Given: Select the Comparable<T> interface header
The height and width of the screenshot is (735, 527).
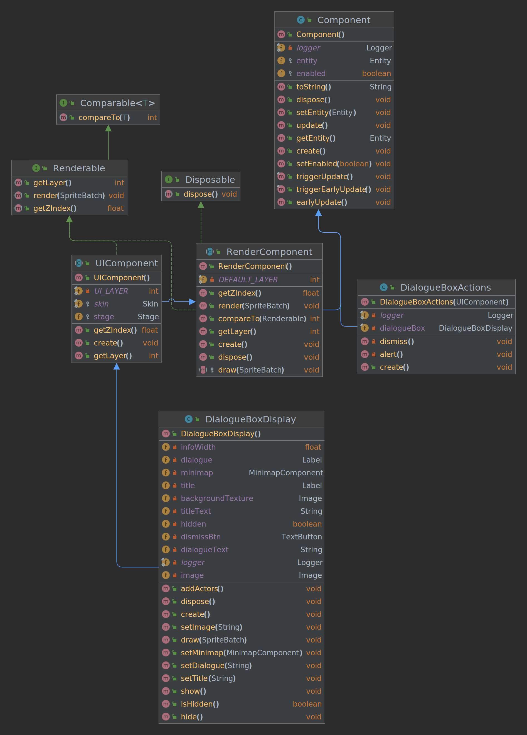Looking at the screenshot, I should pyautogui.click(x=117, y=103).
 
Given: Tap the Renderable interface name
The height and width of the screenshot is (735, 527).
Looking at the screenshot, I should pyautogui.click(x=79, y=168).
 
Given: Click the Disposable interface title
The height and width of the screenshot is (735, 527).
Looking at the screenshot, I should pyautogui.click(x=210, y=179).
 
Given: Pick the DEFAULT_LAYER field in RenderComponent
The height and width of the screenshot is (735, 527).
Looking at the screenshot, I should pyautogui.click(x=248, y=280).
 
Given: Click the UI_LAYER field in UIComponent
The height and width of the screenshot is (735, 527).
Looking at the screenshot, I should pyautogui.click(x=111, y=291).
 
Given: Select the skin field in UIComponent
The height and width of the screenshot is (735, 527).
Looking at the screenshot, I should pyautogui.click(x=101, y=304).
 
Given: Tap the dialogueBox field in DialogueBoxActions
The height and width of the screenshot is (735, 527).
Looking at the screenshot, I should pyautogui.click(x=402, y=328).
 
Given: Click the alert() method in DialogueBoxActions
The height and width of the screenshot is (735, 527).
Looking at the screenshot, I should pyautogui.click(x=391, y=354).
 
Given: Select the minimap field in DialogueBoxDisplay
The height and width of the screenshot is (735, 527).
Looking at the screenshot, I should pyautogui.click(x=197, y=473).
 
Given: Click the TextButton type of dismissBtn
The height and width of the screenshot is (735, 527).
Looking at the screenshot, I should pyautogui.click(x=301, y=537).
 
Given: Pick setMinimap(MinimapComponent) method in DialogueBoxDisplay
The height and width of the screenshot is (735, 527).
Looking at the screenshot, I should pyautogui.click(x=241, y=653).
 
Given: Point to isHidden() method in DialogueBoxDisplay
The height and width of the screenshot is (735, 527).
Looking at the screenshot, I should pyautogui.click(x=200, y=704).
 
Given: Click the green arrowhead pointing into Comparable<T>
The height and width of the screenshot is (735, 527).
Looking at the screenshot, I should pyautogui.click(x=109, y=128).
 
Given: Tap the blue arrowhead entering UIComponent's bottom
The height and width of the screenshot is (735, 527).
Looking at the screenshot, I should pyautogui.click(x=117, y=367).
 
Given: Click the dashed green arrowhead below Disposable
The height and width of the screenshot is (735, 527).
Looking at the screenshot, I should pyautogui.click(x=201, y=205).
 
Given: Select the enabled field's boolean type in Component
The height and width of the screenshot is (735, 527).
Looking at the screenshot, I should pyautogui.click(x=376, y=74).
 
